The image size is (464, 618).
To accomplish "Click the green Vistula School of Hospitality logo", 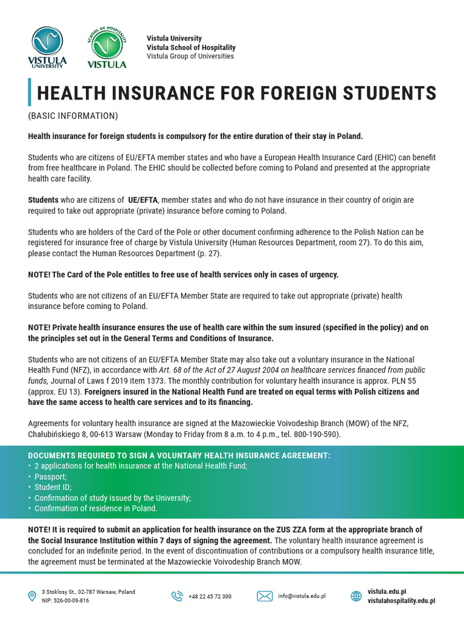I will click(107, 48).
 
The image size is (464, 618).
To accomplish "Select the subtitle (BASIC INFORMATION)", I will click(72, 115).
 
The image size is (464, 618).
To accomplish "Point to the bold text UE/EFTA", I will click(142, 200).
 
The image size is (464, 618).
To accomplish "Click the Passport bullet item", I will click(51, 476).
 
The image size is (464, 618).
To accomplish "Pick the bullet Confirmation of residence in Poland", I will click(95, 508).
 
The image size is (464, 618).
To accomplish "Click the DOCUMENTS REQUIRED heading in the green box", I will click(179, 455).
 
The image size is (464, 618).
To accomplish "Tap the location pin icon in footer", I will click(32, 596).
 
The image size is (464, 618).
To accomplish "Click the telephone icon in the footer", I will click(176, 596).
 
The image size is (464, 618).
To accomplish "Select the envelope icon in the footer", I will click(265, 596).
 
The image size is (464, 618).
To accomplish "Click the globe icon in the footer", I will click(356, 596).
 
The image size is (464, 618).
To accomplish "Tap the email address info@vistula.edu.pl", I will click(302, 596).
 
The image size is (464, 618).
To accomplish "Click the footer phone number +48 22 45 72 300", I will click(210, 596).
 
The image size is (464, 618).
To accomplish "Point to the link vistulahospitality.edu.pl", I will click(401, 601).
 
